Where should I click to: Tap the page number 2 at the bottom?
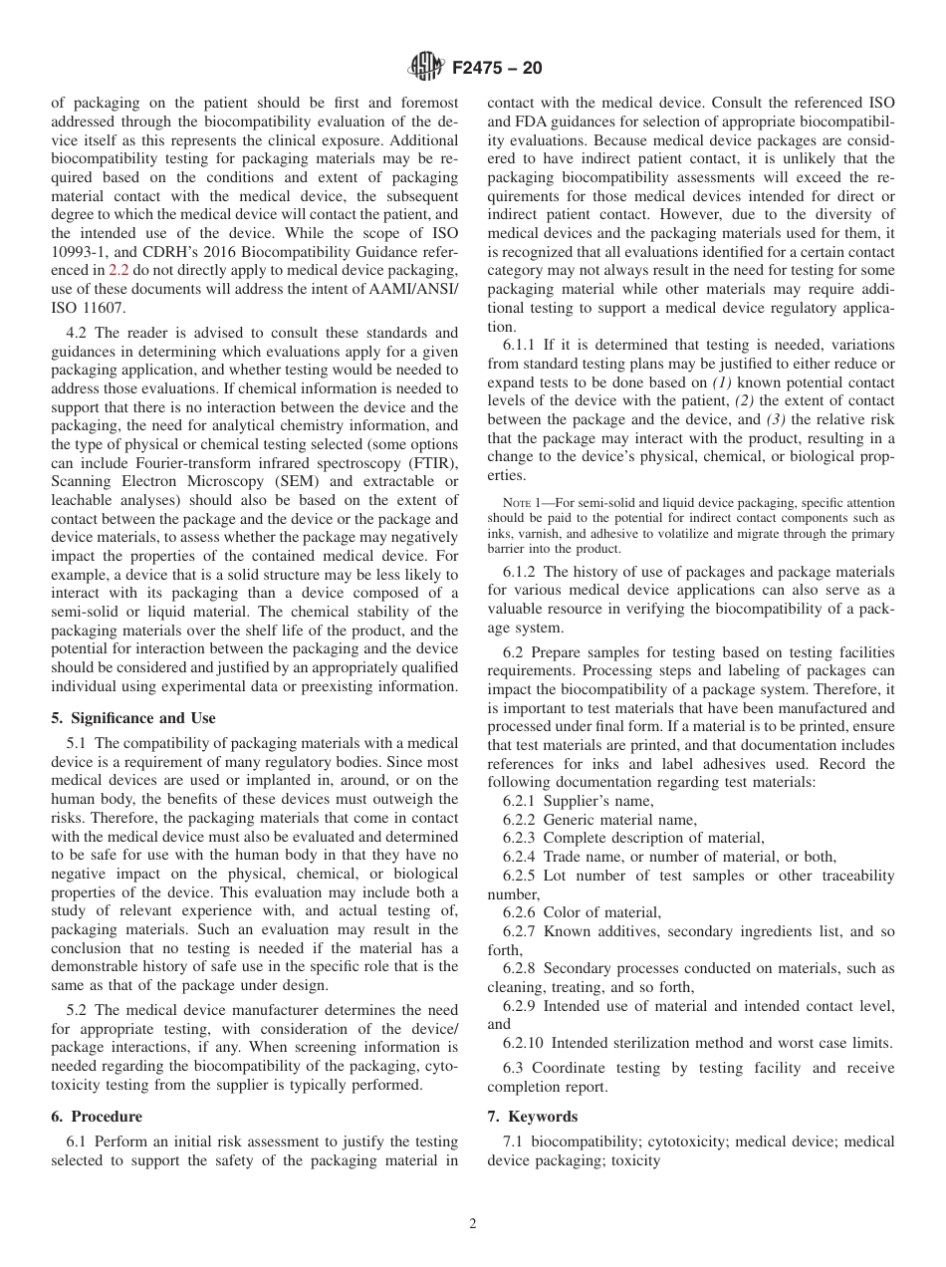(473, 1224)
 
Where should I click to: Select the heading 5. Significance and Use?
(132, 718)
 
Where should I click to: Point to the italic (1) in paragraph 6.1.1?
(724, 383)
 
